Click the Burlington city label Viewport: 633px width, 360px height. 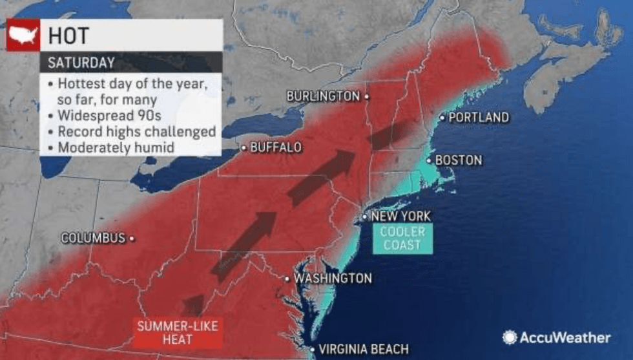323,96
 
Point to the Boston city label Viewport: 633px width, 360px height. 459,160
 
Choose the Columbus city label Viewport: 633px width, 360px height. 93,238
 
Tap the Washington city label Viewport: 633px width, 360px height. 333,279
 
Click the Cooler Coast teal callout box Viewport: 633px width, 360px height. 402,238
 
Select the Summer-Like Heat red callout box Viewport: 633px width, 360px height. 177,332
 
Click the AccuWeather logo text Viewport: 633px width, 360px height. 566,337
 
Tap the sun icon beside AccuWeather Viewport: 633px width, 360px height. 510,337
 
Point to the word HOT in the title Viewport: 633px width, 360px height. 71,36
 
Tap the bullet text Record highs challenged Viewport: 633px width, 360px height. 136,131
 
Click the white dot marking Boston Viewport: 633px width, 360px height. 428,159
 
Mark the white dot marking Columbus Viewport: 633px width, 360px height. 132,238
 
